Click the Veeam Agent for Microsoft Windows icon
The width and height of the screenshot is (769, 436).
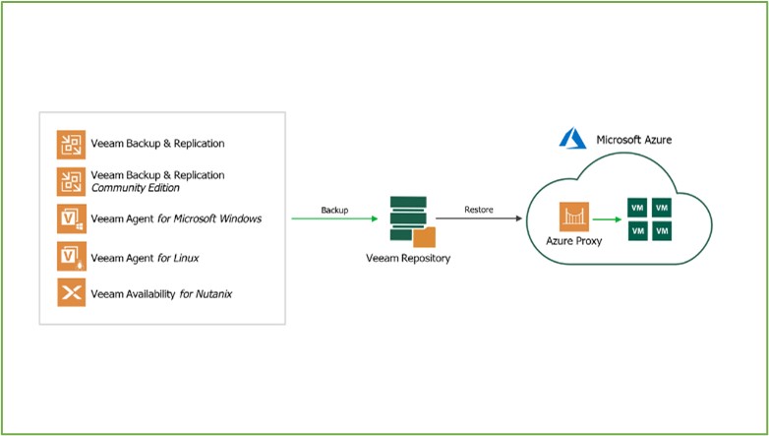coord(71,218)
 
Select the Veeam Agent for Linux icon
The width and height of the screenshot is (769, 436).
coord(71,256)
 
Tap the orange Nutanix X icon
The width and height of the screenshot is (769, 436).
coord(71,292)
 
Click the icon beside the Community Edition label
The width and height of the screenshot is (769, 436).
coord(71,182)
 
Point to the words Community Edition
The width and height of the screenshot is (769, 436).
coord(136,188)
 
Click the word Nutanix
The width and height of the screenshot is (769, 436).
coord(213,294)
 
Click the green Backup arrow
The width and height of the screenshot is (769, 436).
coord(334,218)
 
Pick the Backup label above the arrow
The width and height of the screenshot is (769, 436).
coord(334,211)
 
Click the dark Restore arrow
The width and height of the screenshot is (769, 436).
coord(479,218)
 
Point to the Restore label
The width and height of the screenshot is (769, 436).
coord(479,210)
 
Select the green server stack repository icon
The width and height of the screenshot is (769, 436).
coord(408,218)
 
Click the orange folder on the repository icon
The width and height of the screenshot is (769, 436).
coord(424,237)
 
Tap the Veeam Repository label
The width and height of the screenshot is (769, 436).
coord(408,258)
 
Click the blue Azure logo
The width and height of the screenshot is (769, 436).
coord(573,138)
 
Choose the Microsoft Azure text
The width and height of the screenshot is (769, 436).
coord(634,140)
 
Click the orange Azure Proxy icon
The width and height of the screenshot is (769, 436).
coord(574,218)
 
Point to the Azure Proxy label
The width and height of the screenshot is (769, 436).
coord(574,241)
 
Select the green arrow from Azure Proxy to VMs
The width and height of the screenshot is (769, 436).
coord(607,219)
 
